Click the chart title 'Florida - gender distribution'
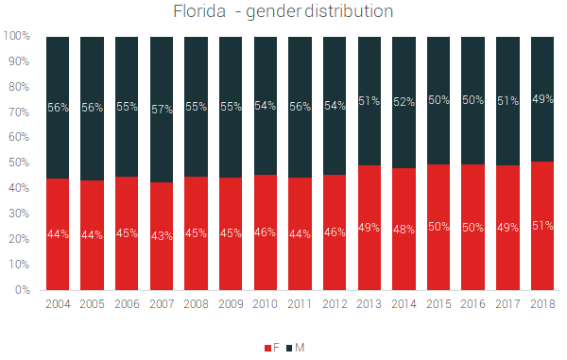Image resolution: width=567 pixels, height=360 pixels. pyautogui.click(x=283, y=12)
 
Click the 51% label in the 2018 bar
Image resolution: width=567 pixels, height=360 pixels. pyautogui.click(x=542, y=226)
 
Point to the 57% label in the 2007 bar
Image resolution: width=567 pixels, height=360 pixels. pyautogui.click(x=163, y=110)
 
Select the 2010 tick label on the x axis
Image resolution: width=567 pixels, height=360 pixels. pyautogui.click(x=266, y=304)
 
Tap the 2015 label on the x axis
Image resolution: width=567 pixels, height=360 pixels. pyautogui.click(x=438, y=304)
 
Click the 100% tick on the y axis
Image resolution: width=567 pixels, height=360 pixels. pyautogui.click(x=19, y=37)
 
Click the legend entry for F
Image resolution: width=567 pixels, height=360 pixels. pyautogui.click(x=270, y=348)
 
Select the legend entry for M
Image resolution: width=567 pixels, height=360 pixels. pyautogui.click(x=296, y=348)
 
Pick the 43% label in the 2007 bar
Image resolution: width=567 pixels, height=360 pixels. pyautogui.click(x=163, y=235)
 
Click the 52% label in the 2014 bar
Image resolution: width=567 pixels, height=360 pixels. pyautogui.click(x=404, y=102)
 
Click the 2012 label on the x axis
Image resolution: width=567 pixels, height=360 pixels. pyautogui.click(x=335, y=304)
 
